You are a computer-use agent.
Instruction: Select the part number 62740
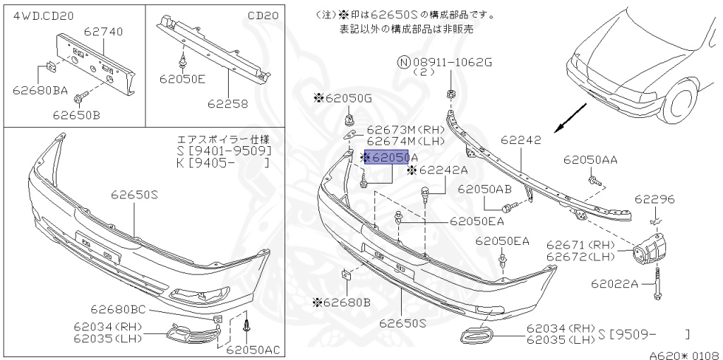pyautogui.click(x=104, y=32)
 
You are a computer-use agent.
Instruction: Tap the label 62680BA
pyautogui.click(x=40, y=90)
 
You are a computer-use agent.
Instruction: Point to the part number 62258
pyautogui.click(x=227, y=104)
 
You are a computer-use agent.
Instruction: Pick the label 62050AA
pyautogui.click(x=590, y=160)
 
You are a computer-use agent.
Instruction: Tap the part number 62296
pyautogui.click(x=655, y=200)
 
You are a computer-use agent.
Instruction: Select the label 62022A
pyautogui.click(x=614, y=284)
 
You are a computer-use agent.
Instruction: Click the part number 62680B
pyautogui.click(x=342, y=303)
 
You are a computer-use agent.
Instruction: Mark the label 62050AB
pyautogui.click(x=484, y=189)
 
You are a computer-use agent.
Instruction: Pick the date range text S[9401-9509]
pyautogui.click(x=223, y=151)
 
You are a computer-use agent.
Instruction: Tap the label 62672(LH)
pyautogui.click(x=580, y=256)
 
